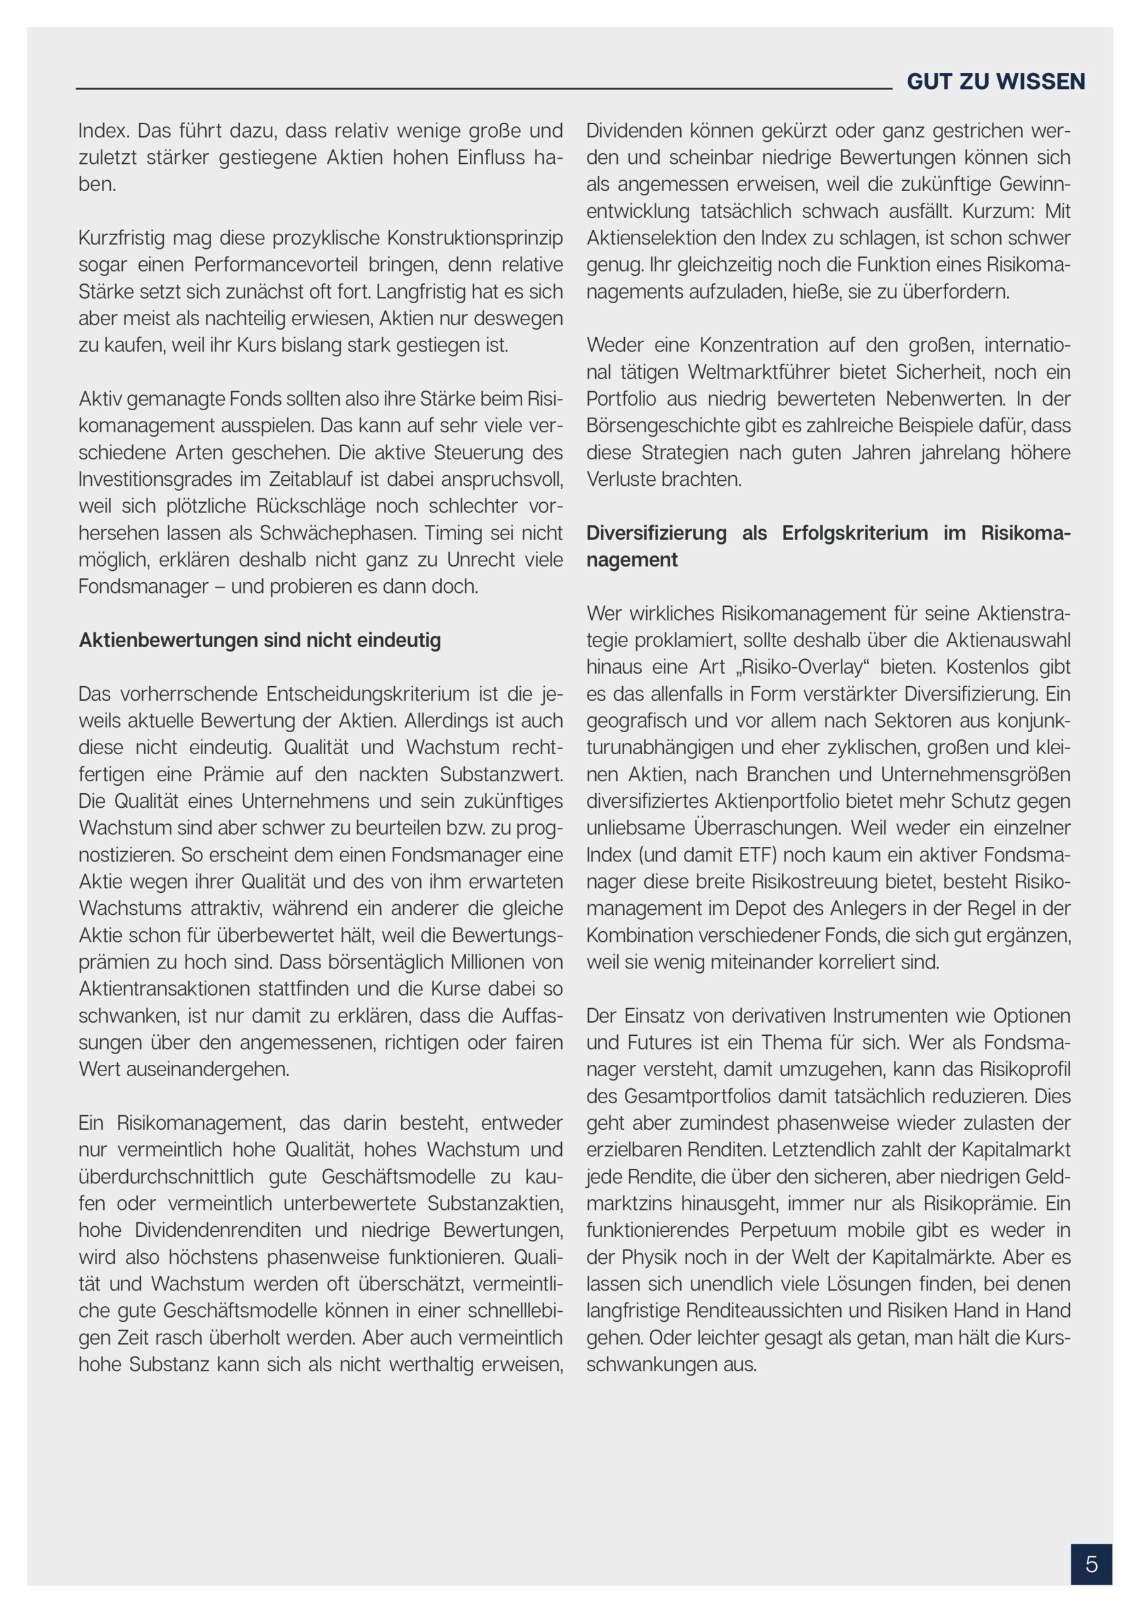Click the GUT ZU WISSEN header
995,81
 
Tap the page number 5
1091,1564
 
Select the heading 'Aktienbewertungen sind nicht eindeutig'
260,640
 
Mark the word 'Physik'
650,1257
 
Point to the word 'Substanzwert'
501,774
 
